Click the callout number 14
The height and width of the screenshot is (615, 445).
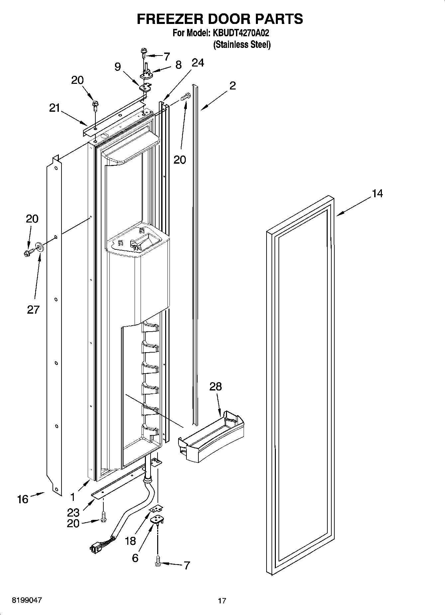click(377, 193)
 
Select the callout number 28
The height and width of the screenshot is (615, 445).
click(215, 386)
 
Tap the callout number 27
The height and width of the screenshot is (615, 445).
click(33, 310)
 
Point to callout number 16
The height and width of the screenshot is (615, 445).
click(23, 499)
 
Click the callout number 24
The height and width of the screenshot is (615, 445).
click(198, 63)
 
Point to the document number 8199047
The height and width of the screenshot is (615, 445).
click(27, 600)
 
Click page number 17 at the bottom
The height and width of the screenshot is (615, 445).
click(222, 601)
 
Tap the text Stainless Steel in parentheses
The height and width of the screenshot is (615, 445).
click(242, 44)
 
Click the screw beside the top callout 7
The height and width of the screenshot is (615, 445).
click(144, 52)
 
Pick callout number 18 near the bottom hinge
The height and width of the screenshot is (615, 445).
click(131, 541)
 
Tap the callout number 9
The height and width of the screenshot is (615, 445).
click(118, 67)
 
